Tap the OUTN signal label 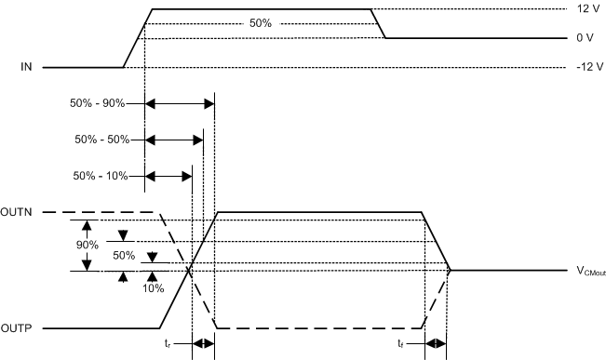[x=20, y=213]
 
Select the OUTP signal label [x=20, y=328]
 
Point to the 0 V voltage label [x=586, y=38]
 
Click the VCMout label [x=591, y=272]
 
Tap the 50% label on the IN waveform [x=261, y=23]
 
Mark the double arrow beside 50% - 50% [x=174, y=140]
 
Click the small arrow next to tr [x=203, y=343]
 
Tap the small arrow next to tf [x=435, y=343]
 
